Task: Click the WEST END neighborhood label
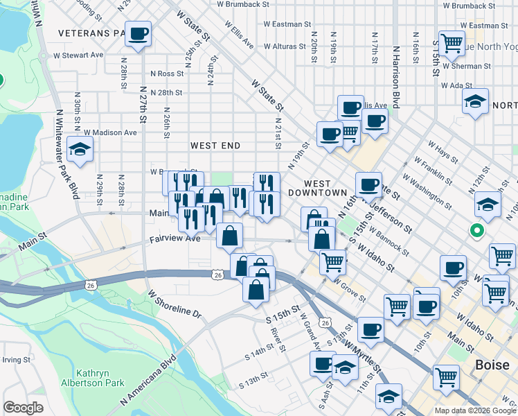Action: (x=215, y=146)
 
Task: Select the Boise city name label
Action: (x=492, y=365)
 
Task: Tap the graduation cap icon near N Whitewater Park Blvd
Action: (x=80, y=150)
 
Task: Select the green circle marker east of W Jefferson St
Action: (x=476, y=230)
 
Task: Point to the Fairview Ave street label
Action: (x=175, y=238)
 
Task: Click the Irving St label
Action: (x=15, y=360)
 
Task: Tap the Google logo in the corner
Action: (x=24, y=407)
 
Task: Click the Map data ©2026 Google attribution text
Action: (x=474, y=410)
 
